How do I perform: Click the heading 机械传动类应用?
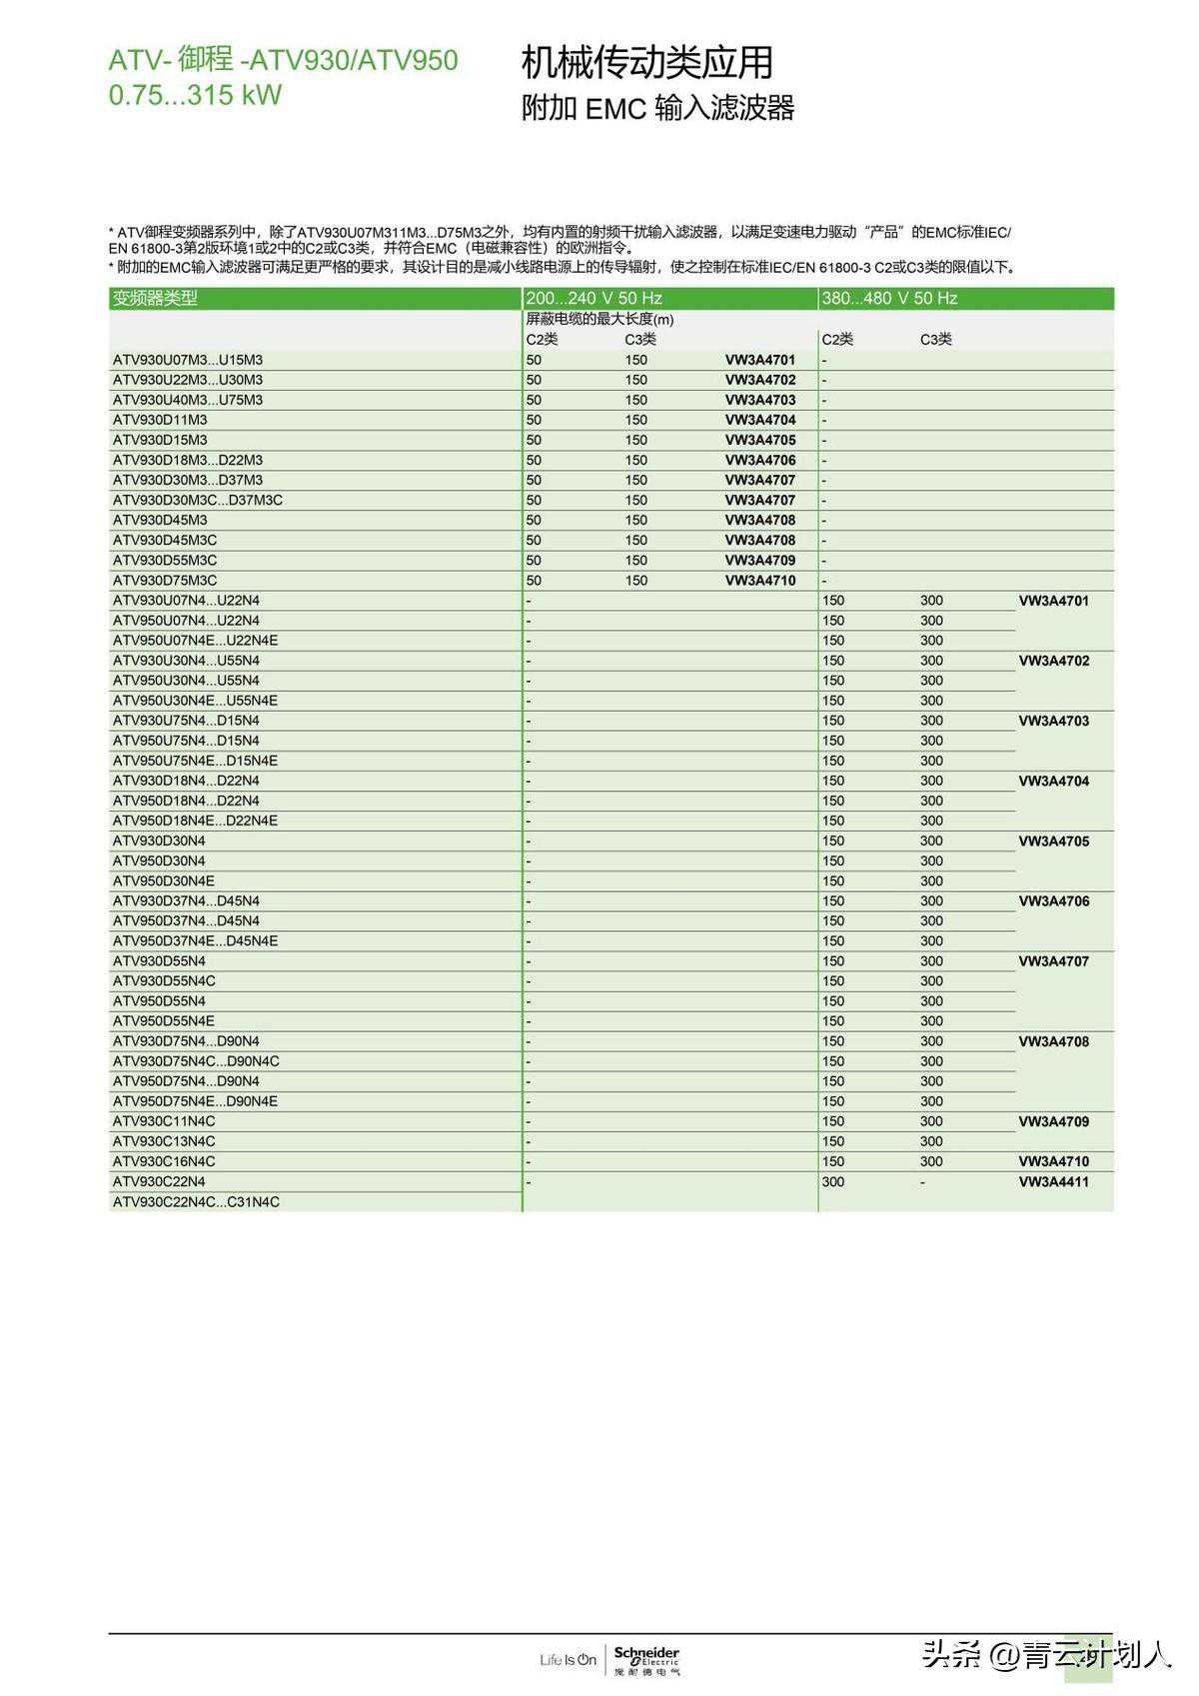coord(646,63)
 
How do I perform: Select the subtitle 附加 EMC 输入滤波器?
coord(657,108)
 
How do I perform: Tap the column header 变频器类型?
coord(155,298)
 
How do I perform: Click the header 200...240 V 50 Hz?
coord(594,298)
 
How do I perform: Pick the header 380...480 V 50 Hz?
coord(889,298)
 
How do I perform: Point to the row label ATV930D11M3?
coord(160,420)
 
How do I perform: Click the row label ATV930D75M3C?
coord(165,580)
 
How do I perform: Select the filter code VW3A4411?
coord(1053,1181)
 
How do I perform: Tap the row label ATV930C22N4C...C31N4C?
coord(196,1201)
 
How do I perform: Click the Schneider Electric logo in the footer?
coord(646,1660)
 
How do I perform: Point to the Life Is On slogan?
coord(568,1660)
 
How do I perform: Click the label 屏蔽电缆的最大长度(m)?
coord(599,320)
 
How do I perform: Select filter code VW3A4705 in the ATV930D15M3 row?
coord(760,440)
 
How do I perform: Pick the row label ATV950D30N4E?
coord(164,880)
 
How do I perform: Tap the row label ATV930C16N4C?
coord(164,1161)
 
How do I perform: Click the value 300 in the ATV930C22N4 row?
coord(832,1181)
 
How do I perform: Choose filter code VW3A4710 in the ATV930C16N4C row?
coord(1053,1161)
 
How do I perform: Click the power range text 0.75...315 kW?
coord(195,95)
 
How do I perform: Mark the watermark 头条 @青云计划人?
coord(1045,1655)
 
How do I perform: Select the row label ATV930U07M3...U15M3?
coord(188,360)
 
